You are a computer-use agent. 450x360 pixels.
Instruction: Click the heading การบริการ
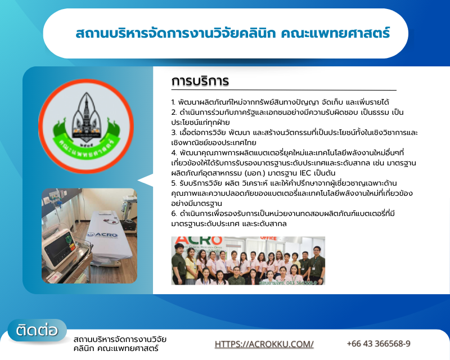click(200, 81)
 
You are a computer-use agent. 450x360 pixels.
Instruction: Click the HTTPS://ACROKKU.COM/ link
click(264, 344)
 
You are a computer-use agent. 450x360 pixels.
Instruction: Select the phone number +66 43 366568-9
click(378, 344)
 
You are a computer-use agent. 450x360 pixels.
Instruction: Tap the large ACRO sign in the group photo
click(191, 242)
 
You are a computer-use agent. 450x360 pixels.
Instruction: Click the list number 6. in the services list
click(174, 213)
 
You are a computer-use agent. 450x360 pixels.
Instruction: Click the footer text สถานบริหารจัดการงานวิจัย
click(120, 339)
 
